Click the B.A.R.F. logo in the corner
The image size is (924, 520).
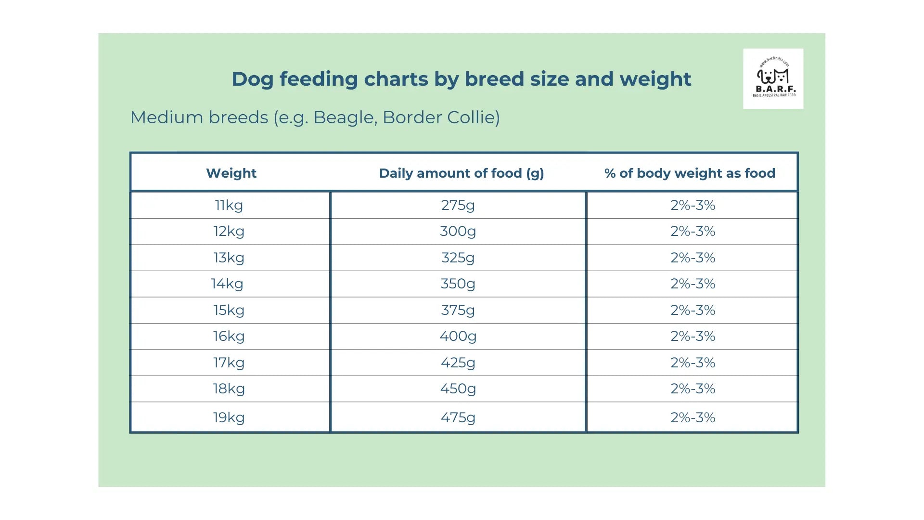click(x=773, y=78)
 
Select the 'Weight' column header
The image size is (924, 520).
click(x=231, y=173)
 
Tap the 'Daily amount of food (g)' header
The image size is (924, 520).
click(x=461, y=173)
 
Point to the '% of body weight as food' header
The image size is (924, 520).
click(x=690, y=173)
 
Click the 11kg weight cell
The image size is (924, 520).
click(x=229, y=205)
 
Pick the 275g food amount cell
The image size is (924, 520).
click(x=458, y=205)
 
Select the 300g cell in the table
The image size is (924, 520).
click(x=458, y=232)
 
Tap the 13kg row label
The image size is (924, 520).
click(x=229, y=258)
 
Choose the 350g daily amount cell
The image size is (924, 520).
click(x=458, y=284)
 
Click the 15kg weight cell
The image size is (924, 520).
click(x=229, y=310)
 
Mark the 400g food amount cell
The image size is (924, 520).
click(x=458, y=336)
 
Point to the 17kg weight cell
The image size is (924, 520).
click(x=229, y=363)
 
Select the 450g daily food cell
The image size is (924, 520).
click(x=458, y=389)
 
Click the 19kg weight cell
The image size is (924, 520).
click(x=229, y=417)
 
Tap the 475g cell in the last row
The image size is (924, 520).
click(x=458, y=417)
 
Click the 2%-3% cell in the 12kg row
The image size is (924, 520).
click(x=693, y=232)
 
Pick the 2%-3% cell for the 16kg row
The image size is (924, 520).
click(x=693, y=336)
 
